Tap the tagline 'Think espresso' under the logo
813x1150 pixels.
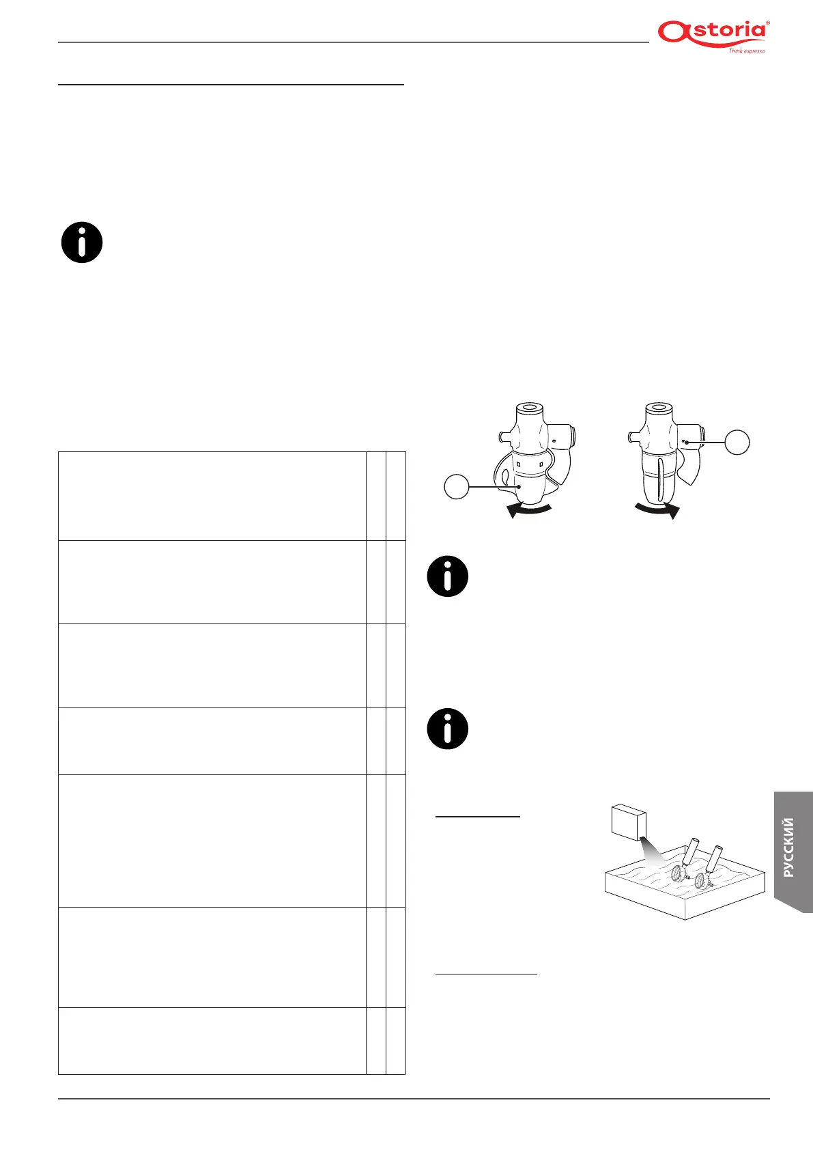[746, 51]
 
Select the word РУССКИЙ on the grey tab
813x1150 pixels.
[789, 847]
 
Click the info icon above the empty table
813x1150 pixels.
[82, 242]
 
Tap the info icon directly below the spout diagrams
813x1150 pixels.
[448, 576]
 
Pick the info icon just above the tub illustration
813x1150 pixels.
[448, 729]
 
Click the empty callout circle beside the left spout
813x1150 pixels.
[457, 487]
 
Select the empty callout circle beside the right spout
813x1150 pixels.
[737, 443]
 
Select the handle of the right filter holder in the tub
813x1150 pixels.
[715, 859]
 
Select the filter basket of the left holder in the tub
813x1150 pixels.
[677, 873]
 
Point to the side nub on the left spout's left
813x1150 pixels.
[504, 434]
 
